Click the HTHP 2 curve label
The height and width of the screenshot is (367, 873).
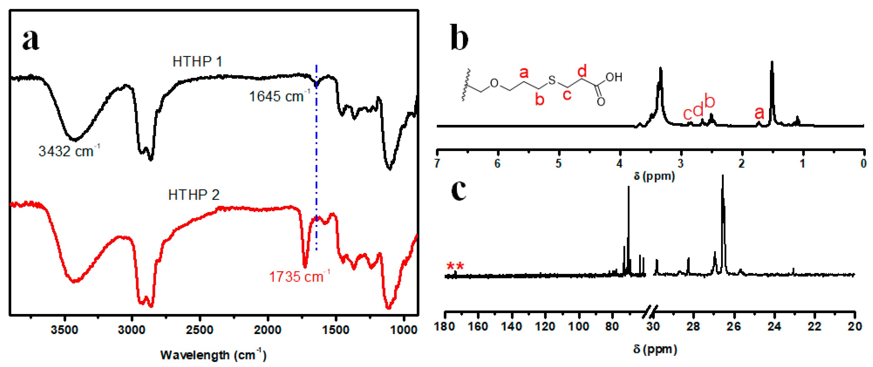point(194,195)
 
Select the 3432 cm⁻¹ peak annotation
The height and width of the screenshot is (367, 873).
point(69,151)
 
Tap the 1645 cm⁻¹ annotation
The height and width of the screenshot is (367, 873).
point(280,96)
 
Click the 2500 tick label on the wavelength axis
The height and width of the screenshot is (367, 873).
point(200,329)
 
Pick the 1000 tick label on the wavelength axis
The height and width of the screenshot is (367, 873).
point(403,329)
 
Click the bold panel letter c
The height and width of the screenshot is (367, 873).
point(459,190)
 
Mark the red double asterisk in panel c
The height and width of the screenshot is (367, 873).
point(455,267)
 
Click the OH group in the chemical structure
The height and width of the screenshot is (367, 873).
point(614,77)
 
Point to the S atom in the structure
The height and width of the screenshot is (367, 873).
point(552,80)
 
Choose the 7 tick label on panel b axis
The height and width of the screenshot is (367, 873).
point(437,164)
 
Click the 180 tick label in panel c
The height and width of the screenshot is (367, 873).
point(444,326)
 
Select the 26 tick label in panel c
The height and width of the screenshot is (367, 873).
point(734,326)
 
